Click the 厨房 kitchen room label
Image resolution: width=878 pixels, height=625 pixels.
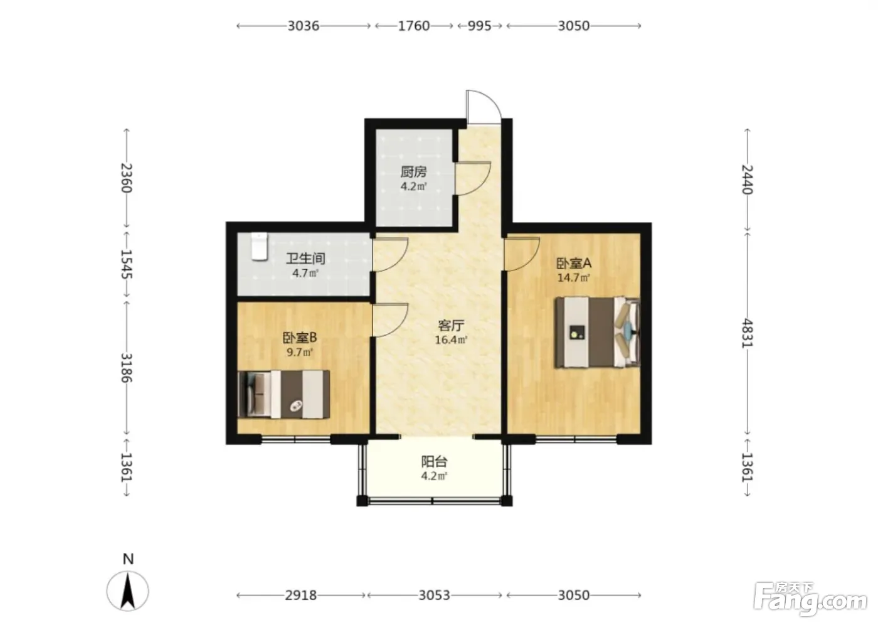[413, 172]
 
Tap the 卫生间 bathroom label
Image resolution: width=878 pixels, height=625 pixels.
[305, 259]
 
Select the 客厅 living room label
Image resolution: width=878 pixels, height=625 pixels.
[451, 325]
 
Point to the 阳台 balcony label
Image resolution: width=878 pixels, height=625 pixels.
[434, 462]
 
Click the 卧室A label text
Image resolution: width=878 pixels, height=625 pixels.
[574, 263]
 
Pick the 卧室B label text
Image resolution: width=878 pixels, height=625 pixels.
[300, 337]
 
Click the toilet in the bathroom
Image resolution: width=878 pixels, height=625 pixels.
[259, 246]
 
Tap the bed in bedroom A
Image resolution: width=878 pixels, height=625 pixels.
[597, 332]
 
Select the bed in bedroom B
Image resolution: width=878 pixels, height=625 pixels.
[283, 394]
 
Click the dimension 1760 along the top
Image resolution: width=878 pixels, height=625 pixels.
[414, 26]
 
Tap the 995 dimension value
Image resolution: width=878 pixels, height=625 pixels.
[479, 26]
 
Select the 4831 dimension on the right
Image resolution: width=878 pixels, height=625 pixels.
[748, 333]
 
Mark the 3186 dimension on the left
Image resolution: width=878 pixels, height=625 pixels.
[126, 368]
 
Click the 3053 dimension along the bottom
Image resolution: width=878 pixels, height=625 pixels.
[434, 596]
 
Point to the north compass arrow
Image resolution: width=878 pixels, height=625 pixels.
[128, 590]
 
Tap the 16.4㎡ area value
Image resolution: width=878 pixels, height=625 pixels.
[451, 340]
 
